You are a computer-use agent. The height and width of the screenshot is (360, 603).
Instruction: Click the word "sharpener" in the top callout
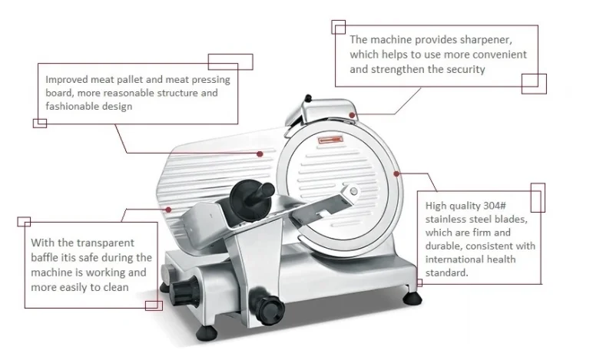(x=485, y=40)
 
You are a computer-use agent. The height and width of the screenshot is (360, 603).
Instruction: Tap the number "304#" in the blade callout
(x=495, y=206)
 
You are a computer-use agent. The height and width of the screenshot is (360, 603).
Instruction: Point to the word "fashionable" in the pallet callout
(x=68, y=106)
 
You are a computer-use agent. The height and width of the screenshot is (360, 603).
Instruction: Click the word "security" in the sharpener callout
(x=466, y=70)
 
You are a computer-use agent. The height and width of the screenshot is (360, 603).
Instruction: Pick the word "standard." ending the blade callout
(x=446, y=272)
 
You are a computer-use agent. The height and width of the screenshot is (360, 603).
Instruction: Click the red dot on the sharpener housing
(x=352, y=115)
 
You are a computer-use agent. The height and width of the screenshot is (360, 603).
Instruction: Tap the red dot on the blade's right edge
(x=396, y=174)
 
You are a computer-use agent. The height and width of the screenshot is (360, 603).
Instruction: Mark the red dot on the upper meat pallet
(x=260, y=154)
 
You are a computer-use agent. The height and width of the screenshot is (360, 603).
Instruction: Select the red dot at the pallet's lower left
(x=168, y=210)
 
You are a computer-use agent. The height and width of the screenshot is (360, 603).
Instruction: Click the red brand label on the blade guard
(x=330, y=140)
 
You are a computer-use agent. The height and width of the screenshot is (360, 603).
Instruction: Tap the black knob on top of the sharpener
(x=308, y=98)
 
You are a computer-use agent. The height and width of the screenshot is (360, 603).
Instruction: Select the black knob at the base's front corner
(x=269, y=306)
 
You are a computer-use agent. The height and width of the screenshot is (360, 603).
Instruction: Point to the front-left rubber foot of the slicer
(x=207, y=333)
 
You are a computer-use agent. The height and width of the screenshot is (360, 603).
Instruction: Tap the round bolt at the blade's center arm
(x=353, y=191)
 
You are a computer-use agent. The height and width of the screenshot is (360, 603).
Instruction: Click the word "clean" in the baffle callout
(x=116, y=287)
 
